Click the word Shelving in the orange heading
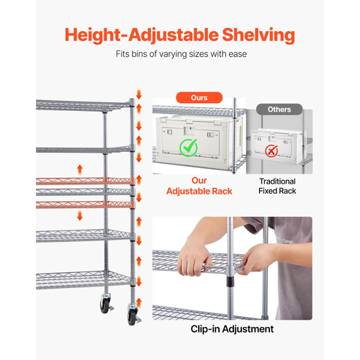[x=258, y=35]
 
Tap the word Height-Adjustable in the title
[x=142, y=35]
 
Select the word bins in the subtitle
[x=139, y=54]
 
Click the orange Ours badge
[x=199, y=98]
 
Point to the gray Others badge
[x=279, y=109]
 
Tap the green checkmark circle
[x=189, y=148]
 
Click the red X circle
[x=271, y=151]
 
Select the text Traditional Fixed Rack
[x=277, y=186]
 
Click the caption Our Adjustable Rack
[x=199, y=186]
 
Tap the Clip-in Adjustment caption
[x=232, y=329]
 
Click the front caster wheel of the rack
[x=132, y=316]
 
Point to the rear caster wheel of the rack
[x=105, y=304]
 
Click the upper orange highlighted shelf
[x=85, y=181]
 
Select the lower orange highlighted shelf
[x=85, y=204]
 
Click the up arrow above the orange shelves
[x=80, y=170]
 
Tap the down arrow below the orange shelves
[x=80, y=215]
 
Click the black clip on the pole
[x=230, y=282]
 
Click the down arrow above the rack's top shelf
[x=139, y=94]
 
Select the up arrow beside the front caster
[x=139, y=303]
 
